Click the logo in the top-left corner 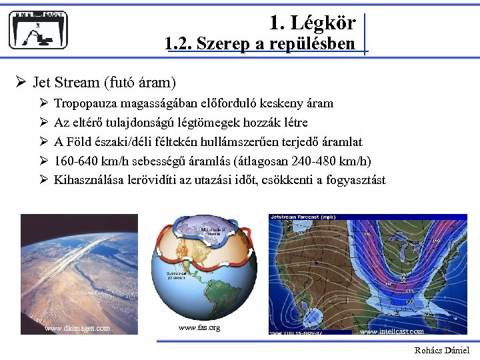(x=39, y=30)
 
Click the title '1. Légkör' (x=312, y=23)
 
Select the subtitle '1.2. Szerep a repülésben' (x=260, y=45)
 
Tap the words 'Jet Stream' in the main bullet (x=66, y=83)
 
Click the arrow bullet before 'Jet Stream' (x=21, y=83)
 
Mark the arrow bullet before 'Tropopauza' (x=43, y=103)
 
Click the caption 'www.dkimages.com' (x=77, y=328)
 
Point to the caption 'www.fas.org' (x=199, y=327)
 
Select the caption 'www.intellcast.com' (x=391, y=331)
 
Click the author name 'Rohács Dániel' (x=441, y=350)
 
